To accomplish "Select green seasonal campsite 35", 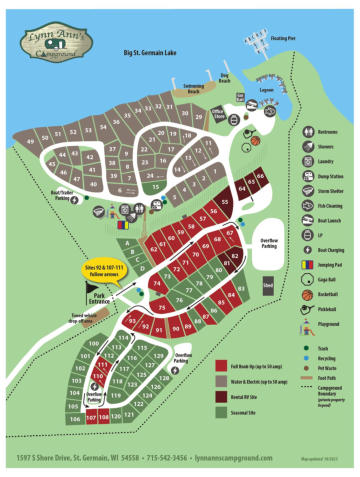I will pos(155,187).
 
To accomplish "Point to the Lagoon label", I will pos(265,89).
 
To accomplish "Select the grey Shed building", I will pos(268,284).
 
